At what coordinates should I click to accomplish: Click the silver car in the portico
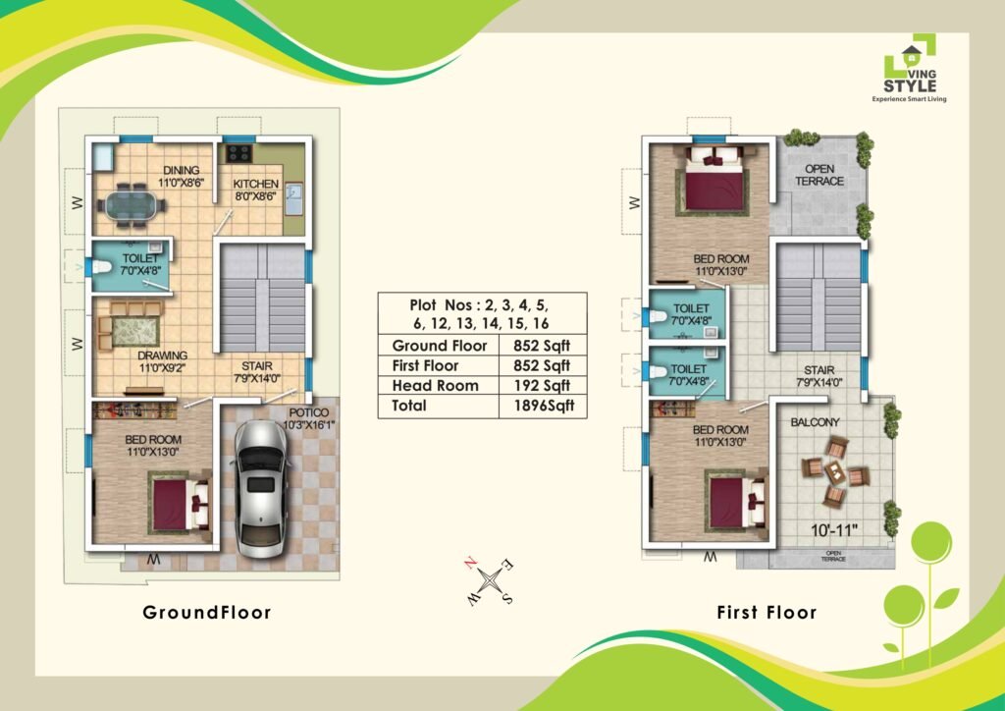tap(260, 489)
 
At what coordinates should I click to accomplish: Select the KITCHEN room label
tap(256, 184)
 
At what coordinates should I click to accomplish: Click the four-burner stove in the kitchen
tap(239, 153)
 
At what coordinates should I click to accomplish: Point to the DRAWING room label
tap(163, 355)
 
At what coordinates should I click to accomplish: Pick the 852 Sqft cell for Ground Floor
tap(542, 346)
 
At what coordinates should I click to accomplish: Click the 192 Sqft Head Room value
tap(542, 386)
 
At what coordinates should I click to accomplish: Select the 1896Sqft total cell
tap(543, 406)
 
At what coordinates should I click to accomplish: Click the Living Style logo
tap(910, 68)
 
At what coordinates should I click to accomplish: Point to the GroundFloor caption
tap(207, 612)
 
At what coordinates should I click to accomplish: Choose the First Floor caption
tap(767, 612)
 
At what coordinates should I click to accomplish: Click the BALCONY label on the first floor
tap(816, 422)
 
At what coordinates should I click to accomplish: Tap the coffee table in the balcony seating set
tap(834, 473)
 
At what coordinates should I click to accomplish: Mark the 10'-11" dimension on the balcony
tap(834, 530)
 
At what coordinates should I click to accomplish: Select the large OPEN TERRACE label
tap(820, 175)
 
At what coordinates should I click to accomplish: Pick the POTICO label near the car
tap(308, 412)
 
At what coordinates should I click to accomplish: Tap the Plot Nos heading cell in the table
tap(482, 313)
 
